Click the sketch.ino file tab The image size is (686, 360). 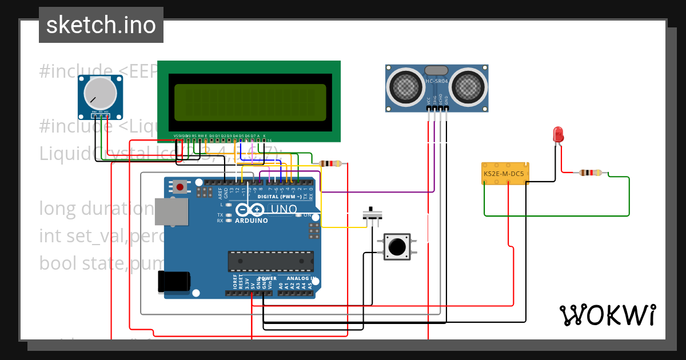point(101,25)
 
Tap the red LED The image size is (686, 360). point(558,134)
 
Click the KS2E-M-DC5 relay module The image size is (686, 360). point(506,173)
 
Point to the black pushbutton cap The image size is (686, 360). point(396,247)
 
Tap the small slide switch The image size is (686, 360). point(373,215)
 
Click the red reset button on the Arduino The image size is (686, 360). point(181,187)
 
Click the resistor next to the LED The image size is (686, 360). point(590,173)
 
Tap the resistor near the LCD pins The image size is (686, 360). point(332,164)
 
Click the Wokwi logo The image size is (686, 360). point(607,315)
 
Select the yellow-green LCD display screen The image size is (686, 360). point(250,102)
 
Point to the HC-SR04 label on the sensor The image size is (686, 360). point(437,81)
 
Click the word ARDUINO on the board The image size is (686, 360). point(252,220)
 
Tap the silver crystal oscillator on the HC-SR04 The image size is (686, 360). point(436,70)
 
